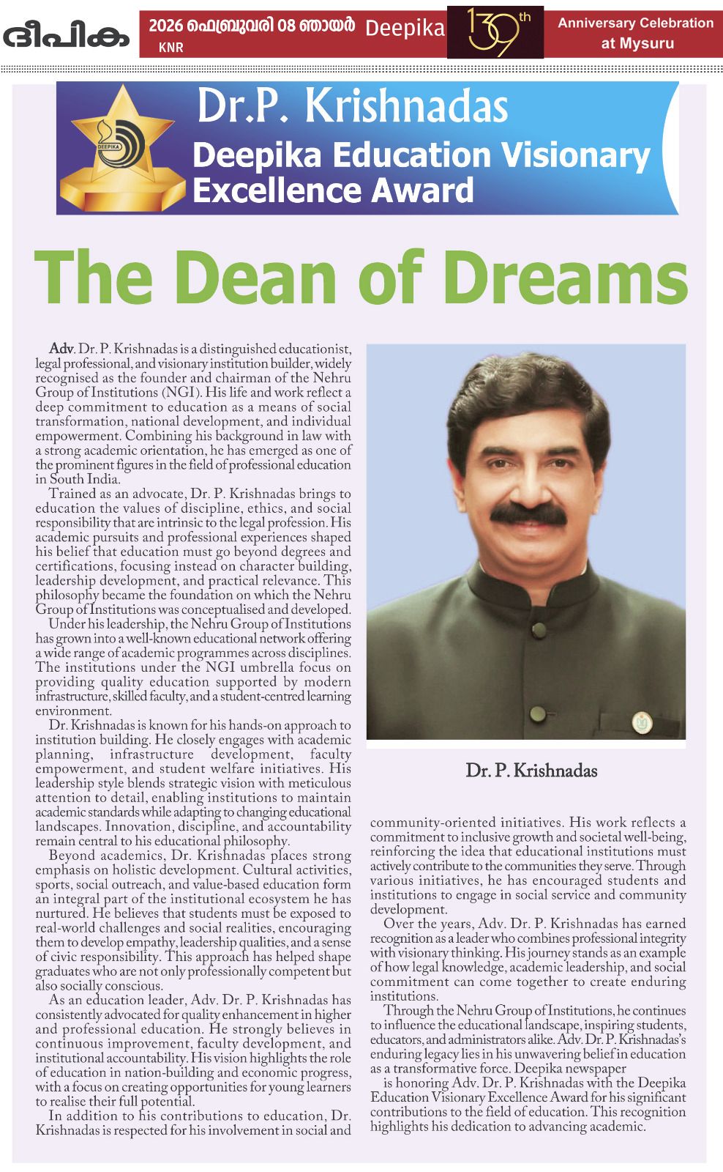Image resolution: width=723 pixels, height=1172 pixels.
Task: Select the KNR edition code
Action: click(x=171, y=48)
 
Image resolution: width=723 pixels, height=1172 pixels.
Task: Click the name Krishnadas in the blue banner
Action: click(x=406, y=107)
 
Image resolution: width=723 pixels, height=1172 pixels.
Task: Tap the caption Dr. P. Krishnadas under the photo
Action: click(x=531, y=771)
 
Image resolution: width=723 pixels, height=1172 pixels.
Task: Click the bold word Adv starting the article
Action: click(x=61, y=349)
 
